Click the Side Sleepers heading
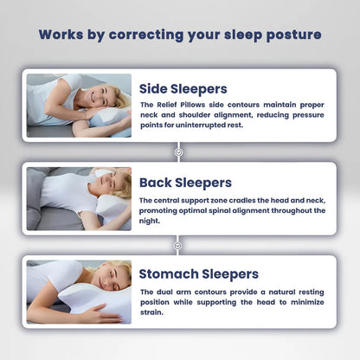pyautogui.click(x=183, y=88)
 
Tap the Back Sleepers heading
pyautogui.click(x=186, y=183)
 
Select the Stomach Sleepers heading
pyautogui.click(x=198, y=274)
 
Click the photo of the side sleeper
pyautogui.click(x=79, y=105)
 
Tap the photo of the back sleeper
pyautogui.click(x=79, y=198)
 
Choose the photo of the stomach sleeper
pyautogui.click(x=79, y=292)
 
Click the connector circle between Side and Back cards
pyautogui.click(x=179, y=151)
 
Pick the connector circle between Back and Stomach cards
pyautogui.click(x=179, y=245)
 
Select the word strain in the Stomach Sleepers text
pyautogui.click(x=153, y=312)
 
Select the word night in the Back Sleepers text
pyautogui.click(x=149, y=221)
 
